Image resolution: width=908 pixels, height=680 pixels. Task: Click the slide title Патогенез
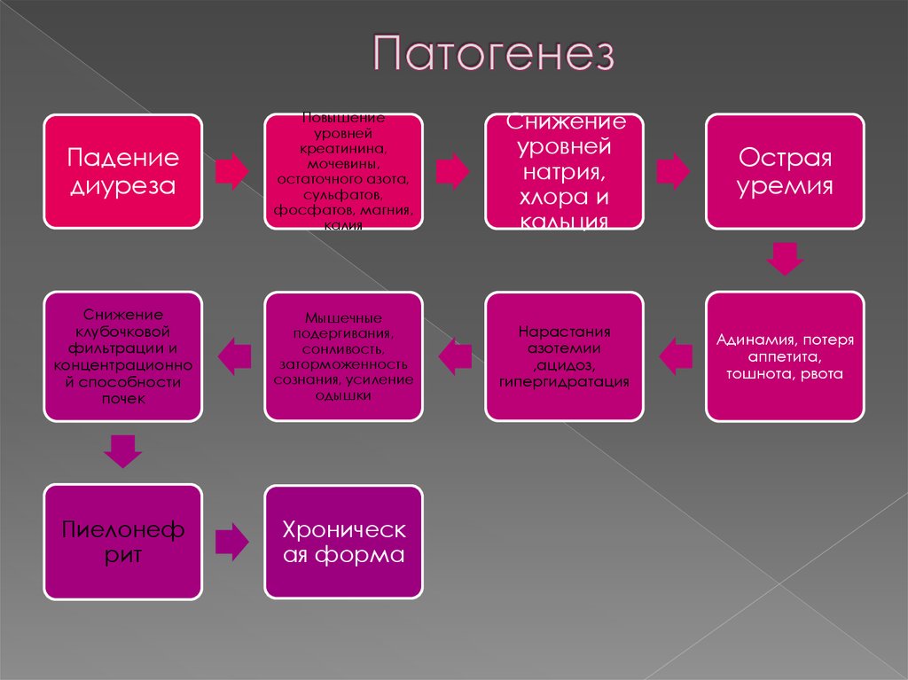[492, 56]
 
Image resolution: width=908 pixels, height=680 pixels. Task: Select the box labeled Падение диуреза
[123, 171]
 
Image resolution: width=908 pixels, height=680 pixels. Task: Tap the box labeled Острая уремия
[785, 171]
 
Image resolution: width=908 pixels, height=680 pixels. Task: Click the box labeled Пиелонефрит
[123, 542]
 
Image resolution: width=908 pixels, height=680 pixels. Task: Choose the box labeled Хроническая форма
[344, 542]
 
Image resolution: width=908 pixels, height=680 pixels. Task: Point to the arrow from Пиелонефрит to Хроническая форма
[232, 542]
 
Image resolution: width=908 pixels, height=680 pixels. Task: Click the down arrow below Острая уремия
[785, 259]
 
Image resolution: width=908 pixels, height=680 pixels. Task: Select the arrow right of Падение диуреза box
[232, 171]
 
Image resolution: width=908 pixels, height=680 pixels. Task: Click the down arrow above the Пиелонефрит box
[122, 451]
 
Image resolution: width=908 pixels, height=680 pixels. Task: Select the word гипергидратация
[564, 381]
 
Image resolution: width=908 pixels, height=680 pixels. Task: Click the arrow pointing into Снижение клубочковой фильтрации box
[234, 356]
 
